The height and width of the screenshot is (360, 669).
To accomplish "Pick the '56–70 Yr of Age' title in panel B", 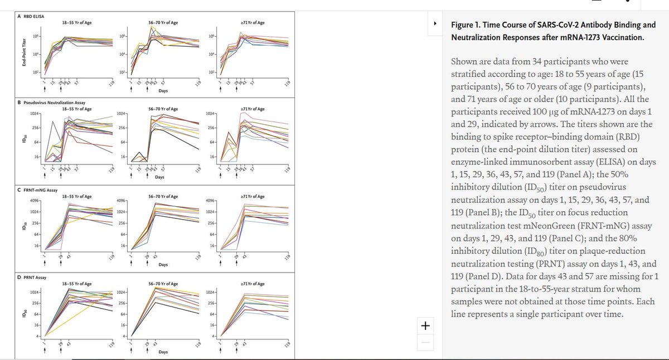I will pyautogui.click(x=163, y=109).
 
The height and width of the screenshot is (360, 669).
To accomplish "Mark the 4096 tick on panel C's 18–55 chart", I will pyautogui.click(x=34, y=201).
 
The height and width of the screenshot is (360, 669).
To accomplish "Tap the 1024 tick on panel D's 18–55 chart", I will pyautogui.click(x=34, y=292).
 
